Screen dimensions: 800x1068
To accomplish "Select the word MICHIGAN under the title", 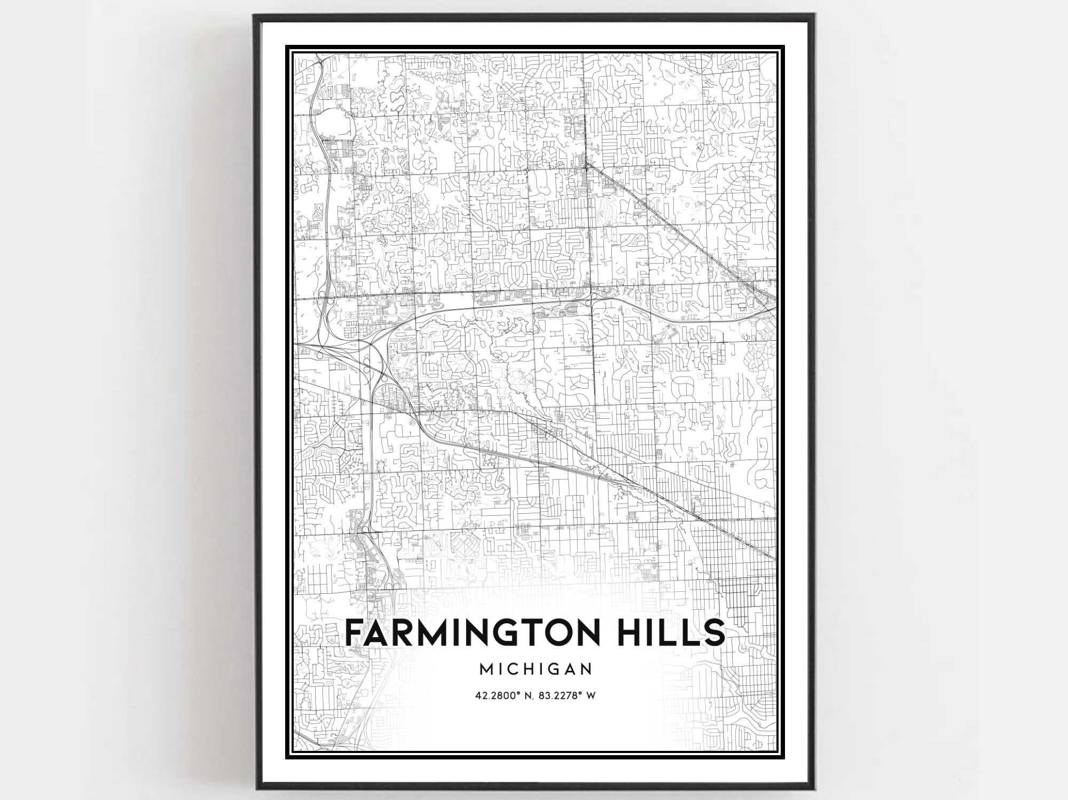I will (535, 669).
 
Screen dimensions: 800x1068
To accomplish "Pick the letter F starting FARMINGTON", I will (354, 633).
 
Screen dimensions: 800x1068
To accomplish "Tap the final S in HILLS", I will (716, 633).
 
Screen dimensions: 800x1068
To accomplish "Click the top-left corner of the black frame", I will (255, 15).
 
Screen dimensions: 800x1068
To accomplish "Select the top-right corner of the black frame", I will (813, 15).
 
